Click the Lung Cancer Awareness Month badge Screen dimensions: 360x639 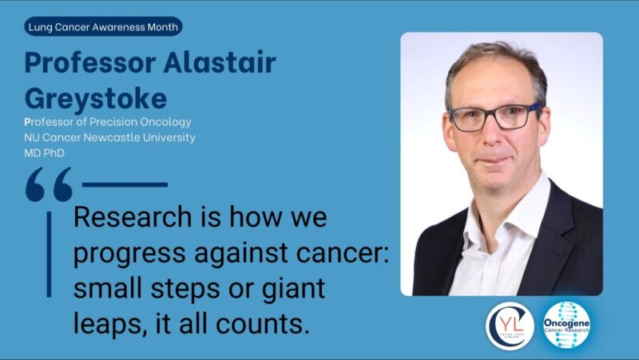104,27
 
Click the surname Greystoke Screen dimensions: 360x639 95,98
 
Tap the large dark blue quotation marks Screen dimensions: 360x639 49,184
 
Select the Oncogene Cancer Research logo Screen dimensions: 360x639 567,326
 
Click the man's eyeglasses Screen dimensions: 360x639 495,117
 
